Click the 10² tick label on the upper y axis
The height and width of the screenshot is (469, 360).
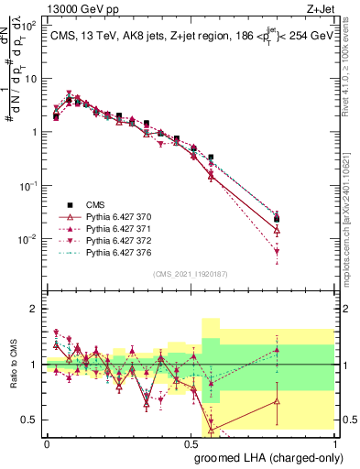pos(29,25)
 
